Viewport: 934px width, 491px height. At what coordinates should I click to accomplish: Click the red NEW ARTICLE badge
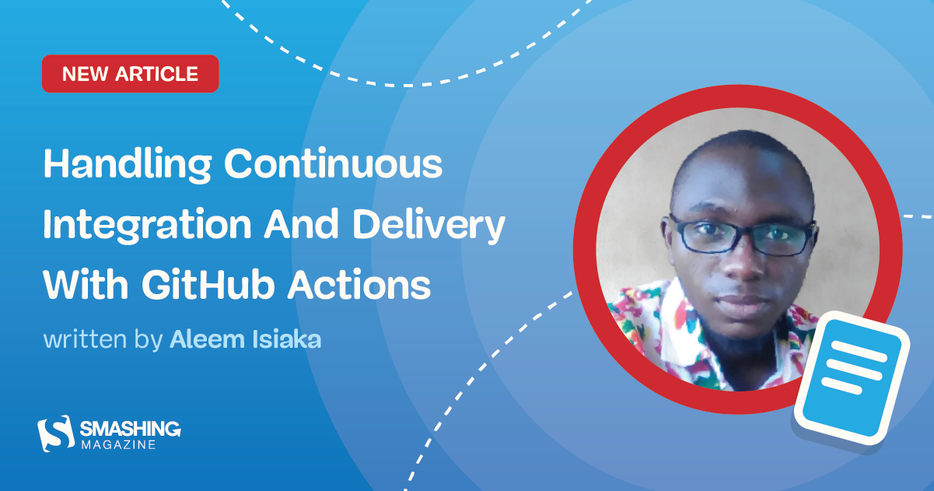pyautogui.click(x=130, y=74)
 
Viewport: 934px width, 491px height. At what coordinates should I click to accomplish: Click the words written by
pyautogui.click(x=103, y=340)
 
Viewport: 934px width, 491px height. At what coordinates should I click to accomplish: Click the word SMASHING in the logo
pyautogui.click(x=131, y=429)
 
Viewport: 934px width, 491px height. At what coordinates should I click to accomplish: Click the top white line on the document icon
pyautogui.click(x=855, y=351)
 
